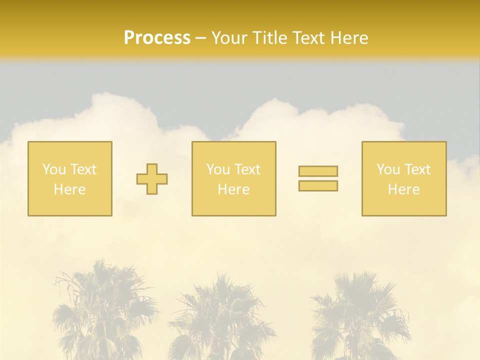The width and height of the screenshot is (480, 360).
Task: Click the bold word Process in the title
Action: tap(157, 38)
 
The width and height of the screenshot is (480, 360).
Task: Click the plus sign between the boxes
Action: tap(152, 179)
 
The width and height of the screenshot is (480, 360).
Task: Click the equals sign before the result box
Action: tap(318, 178)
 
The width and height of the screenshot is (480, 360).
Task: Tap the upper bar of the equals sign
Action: tap(318, 171)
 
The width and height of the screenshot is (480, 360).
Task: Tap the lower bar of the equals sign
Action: tap(318, 185)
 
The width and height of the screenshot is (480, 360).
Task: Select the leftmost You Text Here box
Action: tap(69, 178)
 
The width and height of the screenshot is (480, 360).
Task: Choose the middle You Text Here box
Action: tap(233, 178)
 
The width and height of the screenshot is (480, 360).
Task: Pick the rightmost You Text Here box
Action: tap(403, 178)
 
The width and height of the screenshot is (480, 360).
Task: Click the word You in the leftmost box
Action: tap(54, 169)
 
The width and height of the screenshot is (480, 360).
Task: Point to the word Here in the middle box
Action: tap(233, 189)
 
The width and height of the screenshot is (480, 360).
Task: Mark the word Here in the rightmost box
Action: tap(403, 189)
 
